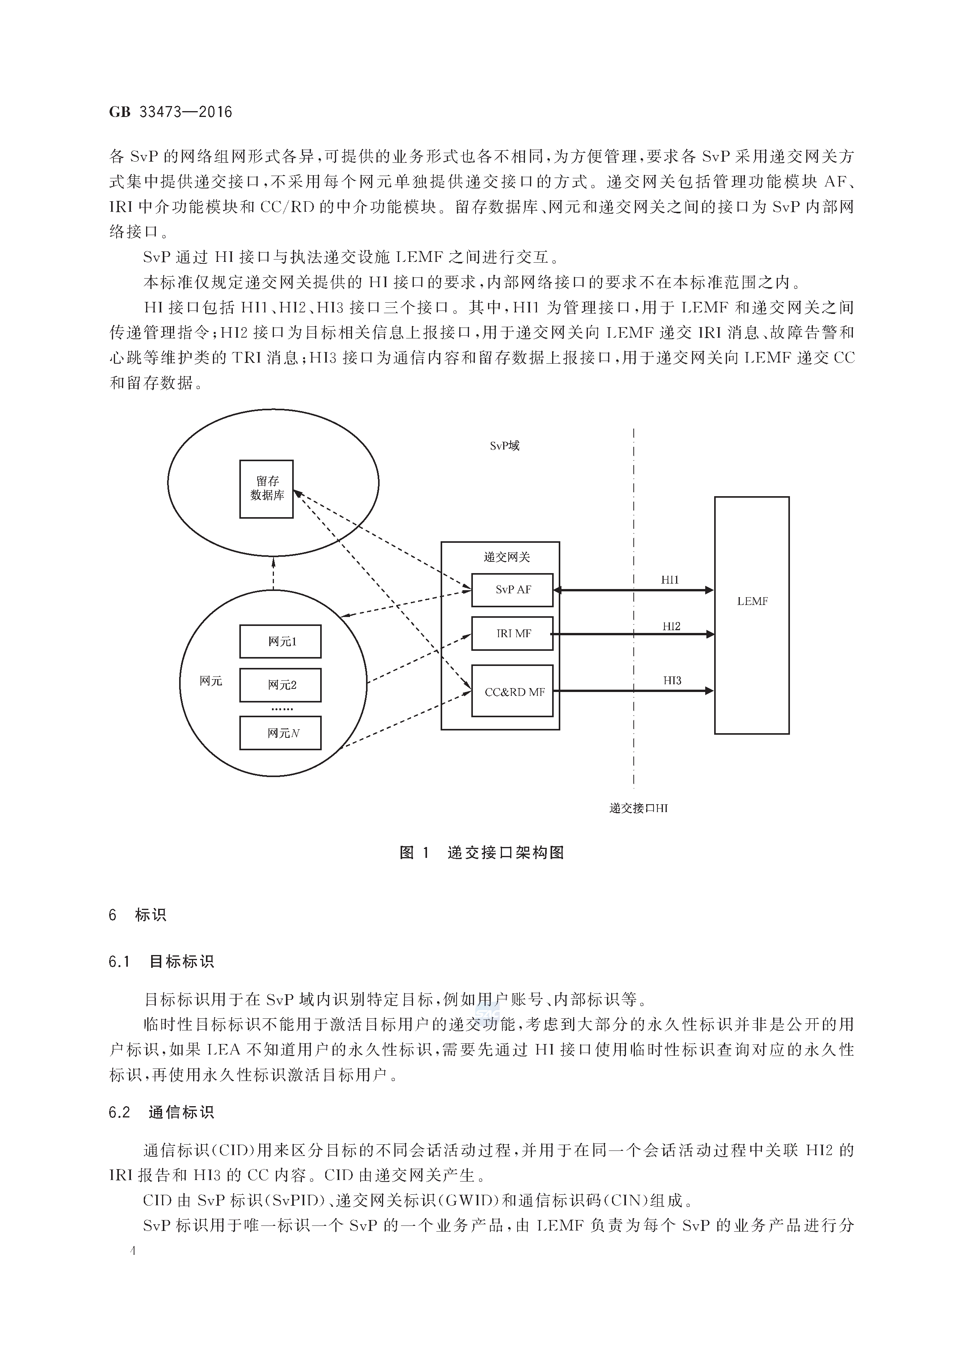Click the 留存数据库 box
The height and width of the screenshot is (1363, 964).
click(267, 488)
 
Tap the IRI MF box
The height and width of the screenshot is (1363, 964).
click(512, 633)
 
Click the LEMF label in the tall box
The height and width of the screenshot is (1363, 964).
click(752, 601)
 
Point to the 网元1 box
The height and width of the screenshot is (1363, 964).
click(280, 641)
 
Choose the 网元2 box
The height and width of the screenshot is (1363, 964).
click(280, 685)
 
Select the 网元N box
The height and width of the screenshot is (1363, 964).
click(280, 733)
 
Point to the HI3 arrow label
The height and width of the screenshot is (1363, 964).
click(672, 681)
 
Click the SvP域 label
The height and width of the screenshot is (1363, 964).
click(505, 446)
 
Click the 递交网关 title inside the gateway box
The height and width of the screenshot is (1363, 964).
click(506, 557)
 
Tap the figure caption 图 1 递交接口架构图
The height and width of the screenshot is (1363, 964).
click(481, 853)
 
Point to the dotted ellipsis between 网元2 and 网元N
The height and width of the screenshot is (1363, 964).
click(282, 709)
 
